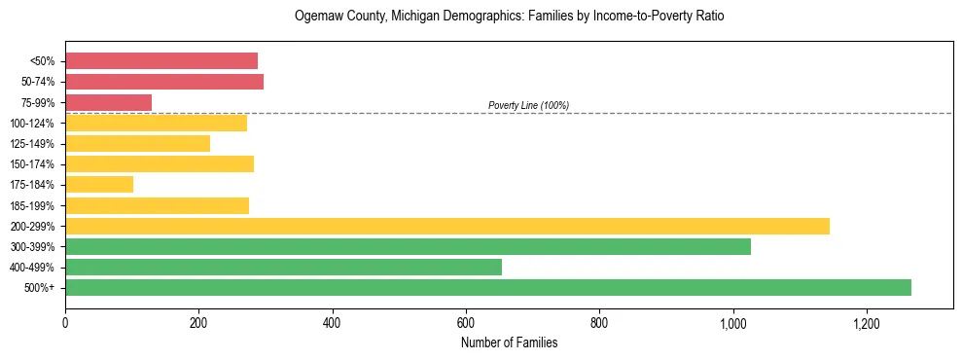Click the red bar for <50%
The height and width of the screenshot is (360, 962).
(161, 61)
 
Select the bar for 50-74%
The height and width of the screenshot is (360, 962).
(164, 82)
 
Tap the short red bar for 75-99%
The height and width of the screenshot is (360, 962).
(108, 102)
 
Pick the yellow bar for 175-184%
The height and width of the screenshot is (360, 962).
(99, 185)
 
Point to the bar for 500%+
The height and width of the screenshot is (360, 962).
(488, 287)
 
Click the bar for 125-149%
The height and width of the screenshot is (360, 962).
(137, 144)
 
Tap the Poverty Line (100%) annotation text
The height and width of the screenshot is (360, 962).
(528, 105)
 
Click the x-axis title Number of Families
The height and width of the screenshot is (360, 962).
(509, 342)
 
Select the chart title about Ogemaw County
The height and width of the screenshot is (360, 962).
(509, 17)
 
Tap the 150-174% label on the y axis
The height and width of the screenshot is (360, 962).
(32, 164)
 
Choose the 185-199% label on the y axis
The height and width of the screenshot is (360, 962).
(32, 205)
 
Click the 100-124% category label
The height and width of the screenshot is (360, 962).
(32, 124)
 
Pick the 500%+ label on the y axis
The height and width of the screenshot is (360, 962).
(39, 288)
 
